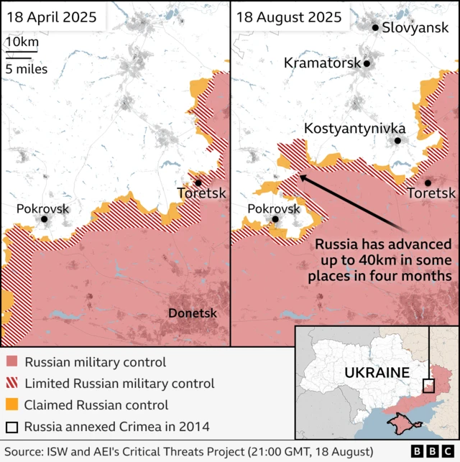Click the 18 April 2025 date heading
pos(51,17)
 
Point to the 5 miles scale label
pos(27,69)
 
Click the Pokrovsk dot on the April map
pos(45,219)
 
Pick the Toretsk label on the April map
pos(201,193)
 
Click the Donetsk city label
pos(192,313)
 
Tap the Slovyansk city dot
pos(374,28)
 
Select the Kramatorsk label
pos(322,63)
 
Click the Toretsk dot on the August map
pos(428,183)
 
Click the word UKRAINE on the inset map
pos(376,372)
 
